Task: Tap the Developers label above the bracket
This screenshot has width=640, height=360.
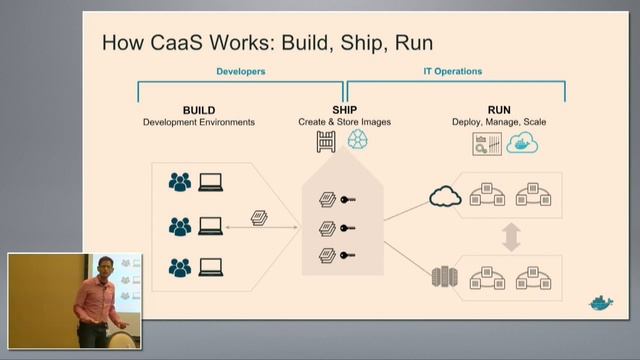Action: [x=240, y=72]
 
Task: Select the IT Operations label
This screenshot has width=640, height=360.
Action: [x=453, y=72]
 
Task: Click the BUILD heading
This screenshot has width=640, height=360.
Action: [x=198, y=110]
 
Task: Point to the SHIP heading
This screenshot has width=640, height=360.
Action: [x=344, y=110]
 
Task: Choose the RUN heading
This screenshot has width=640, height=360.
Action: [x=500, y=110]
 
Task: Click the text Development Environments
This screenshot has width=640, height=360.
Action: [x=198, y=122]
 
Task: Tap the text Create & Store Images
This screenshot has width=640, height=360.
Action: [x=344, y=122]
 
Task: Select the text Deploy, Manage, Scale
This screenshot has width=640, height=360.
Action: [x=500, y=122]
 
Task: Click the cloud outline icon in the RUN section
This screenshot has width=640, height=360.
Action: [x=444, y=196]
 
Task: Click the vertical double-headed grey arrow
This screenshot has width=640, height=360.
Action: [x=511, y=236]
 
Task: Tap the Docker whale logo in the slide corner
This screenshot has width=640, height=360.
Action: [x=599, y=302]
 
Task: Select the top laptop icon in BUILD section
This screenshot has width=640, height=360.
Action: [x=211, y=182]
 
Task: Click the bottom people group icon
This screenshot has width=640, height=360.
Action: [x=180, y=268]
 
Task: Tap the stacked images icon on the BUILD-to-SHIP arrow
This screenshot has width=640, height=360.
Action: [x=259, y=218]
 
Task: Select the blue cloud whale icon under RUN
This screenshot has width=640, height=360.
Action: [x=522, y=143]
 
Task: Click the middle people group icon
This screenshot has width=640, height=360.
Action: [x=180, y=226]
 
